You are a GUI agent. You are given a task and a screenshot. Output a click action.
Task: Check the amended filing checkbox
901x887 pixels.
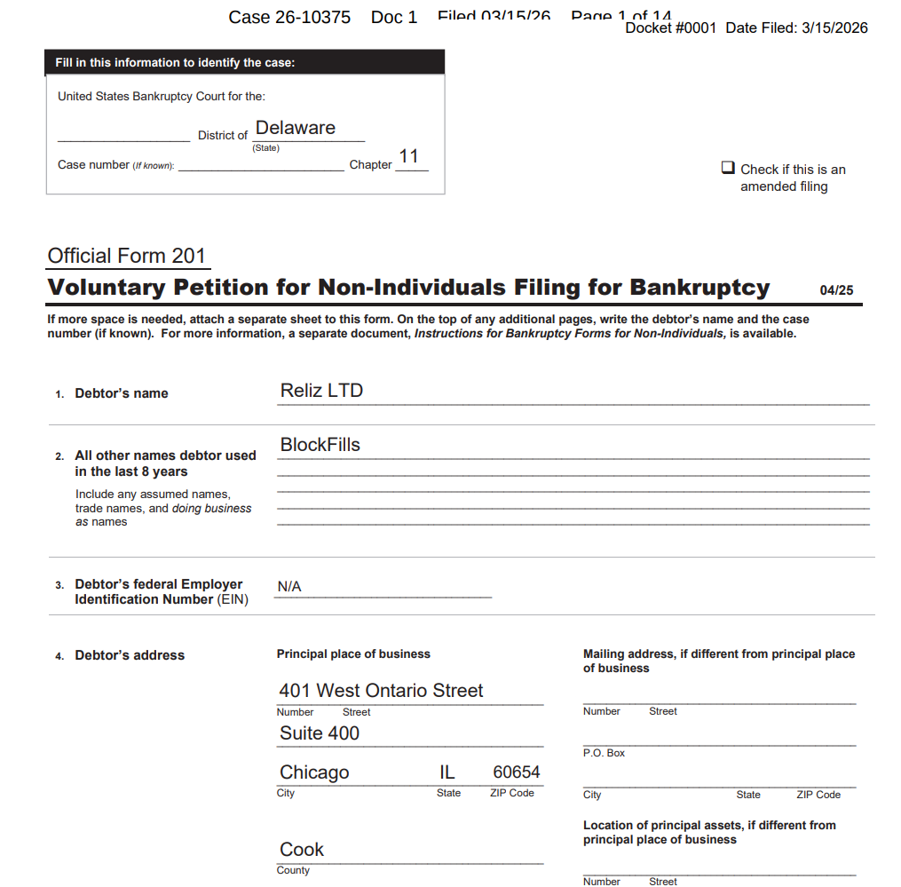[728, 168]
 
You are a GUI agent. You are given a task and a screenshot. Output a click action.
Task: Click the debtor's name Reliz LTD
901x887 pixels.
[321, 391]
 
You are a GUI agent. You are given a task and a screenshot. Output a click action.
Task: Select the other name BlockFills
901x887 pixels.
[320, 445]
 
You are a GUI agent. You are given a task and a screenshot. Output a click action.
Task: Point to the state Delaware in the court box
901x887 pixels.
[296, 128]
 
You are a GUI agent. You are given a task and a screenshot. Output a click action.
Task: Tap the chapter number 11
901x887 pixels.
[408, 157]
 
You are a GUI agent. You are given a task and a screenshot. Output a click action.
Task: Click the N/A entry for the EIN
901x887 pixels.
[289, 587]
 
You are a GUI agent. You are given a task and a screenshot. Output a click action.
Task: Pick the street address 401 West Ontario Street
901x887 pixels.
[381, 691]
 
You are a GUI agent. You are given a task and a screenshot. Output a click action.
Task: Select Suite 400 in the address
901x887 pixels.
[320, 733]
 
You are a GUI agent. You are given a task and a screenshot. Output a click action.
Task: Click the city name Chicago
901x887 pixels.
[314, 772]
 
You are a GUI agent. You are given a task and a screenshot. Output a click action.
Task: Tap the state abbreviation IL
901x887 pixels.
[447, 772]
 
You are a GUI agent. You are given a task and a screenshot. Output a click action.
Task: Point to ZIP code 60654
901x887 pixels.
[517, 772]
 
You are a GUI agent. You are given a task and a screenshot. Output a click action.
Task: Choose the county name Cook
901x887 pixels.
[302, 850]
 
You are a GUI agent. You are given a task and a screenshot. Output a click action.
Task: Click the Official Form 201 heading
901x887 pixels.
[127, 257]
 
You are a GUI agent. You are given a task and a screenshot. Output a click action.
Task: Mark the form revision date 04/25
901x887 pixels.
[836, 290]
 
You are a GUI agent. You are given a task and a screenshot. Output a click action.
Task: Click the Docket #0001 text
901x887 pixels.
[670, 28]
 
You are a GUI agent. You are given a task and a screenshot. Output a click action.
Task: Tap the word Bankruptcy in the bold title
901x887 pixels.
[699, 288]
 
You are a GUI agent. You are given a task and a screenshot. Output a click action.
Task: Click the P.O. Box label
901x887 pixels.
[604, 753]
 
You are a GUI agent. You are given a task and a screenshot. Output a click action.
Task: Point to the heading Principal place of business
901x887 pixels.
[353, 654]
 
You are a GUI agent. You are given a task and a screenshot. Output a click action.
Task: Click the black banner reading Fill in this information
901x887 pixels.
[244, 62]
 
